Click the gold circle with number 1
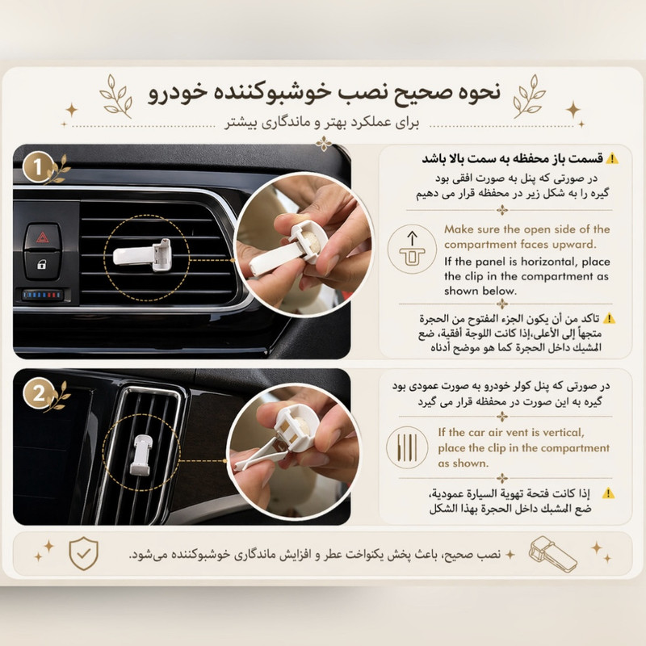38,167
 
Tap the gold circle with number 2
38,393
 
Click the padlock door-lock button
42,265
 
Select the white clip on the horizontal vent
142,255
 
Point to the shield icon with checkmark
84,553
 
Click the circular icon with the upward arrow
412,249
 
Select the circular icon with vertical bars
407,447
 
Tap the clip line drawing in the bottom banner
552,554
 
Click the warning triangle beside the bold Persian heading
612,158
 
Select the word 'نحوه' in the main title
479,92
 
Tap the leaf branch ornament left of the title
116,96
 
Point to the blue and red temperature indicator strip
43,295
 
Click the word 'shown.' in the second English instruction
463,463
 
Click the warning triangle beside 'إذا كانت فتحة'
608,493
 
